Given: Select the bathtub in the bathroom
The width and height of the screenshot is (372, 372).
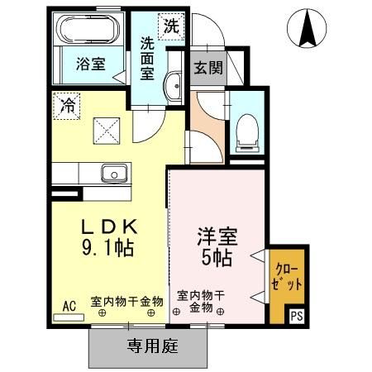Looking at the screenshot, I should (88, 31).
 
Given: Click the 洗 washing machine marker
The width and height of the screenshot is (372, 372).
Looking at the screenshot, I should (170, 25).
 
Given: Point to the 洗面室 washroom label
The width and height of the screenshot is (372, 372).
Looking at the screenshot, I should (148, 60).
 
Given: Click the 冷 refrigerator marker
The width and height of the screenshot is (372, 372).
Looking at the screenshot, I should (66, 105).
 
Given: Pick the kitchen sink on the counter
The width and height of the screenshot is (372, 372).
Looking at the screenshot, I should (113, 174).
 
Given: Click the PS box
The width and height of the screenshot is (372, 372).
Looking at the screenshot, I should (296, 314).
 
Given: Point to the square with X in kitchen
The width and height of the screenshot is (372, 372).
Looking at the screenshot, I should (106, 130).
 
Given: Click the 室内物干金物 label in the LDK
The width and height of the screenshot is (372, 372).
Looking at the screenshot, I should (126, 302).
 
